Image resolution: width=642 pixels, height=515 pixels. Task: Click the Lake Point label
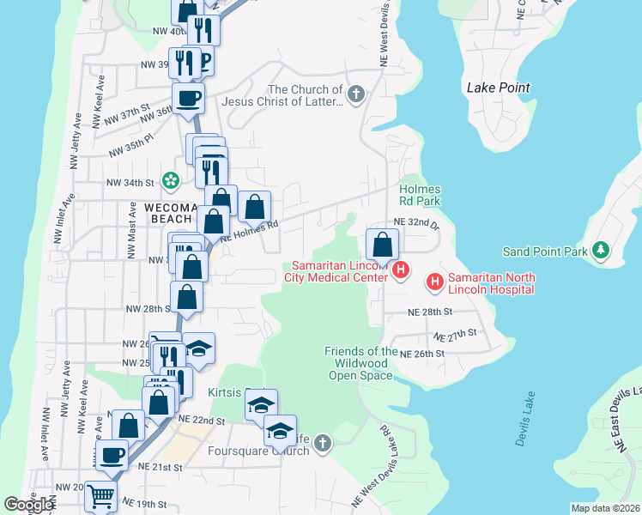click(x=498, y=88)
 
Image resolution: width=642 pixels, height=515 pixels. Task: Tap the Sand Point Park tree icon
click(x=602, y=251)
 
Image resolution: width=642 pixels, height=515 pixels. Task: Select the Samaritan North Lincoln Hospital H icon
click(x=435, y=281)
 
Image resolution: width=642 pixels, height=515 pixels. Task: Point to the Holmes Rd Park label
click(x=420, y=195)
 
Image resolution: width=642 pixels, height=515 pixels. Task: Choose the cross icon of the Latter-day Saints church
click(x=356, y=91)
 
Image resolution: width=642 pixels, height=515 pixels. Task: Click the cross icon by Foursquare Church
click(x=322, y=443)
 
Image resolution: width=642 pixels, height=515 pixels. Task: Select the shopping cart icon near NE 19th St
click(x=101, y=495)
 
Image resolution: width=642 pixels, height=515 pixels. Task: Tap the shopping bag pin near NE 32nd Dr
click(x=382, y=245)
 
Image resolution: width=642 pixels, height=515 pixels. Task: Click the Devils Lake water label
click(x=525, y=418)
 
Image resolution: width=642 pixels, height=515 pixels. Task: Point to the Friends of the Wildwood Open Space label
click(x=360, y=363)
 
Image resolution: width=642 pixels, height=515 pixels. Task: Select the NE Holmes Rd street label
click(x=250, y=232)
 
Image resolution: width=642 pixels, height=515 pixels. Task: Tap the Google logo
click(x=28, y=505)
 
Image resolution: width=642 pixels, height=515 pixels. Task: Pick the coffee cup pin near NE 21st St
click(x=112, y=454)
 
